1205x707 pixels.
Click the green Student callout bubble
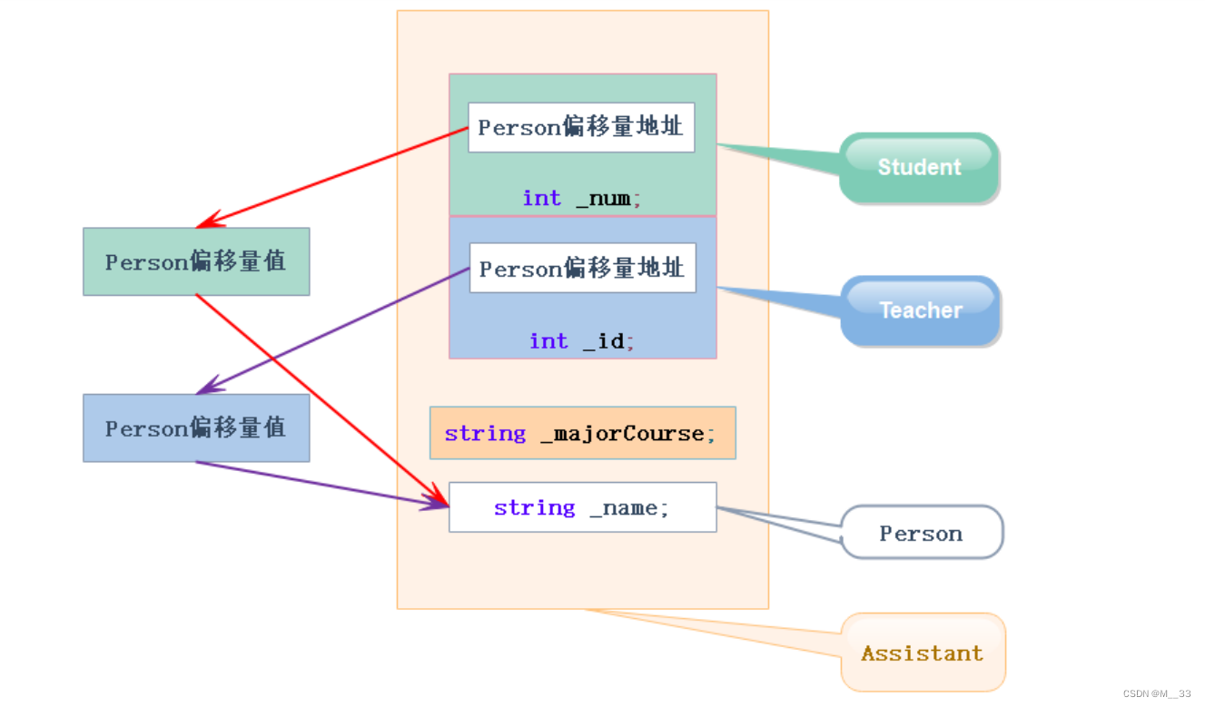pyautogui.click(x=919, y=167)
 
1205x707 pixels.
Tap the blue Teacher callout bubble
pyautogui.click(x=921, y=310)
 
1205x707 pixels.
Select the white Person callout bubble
pyautogui.click(x=922, y=533)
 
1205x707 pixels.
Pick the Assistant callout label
pyautogui.click(x=923, y=653)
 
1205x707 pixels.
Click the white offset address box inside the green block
pyautogui.click(x=581, y=127)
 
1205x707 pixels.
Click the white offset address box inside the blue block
pyautogui.click(x=582, y=268)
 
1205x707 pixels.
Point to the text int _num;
pyautogui.click(x=582, y=198)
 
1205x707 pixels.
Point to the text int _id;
pyautogui.click(x=582, y=340)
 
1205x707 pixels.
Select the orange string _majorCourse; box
pyautogui.click(x=582, y=433)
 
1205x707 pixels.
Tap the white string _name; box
pyautogui.click(x=582, y=507)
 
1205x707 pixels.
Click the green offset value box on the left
pyautogui.click(x=196, y=261)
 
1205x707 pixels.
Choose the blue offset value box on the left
pyautogui.click(x=196, y=427)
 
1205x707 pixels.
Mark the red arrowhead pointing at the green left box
pyautogui.click(x=209, y=221)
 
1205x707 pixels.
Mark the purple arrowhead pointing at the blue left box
pyautogui.click(x=209, y=388)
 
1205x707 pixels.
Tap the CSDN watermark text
pyautogui.click(x=1156, y=693)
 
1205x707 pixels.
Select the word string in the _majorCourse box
pyautogui.click(x=485, y=433)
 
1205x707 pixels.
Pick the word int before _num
pyautogui.click(x=541, y=198)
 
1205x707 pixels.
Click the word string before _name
pyautogui.click(x=534, y=507)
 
